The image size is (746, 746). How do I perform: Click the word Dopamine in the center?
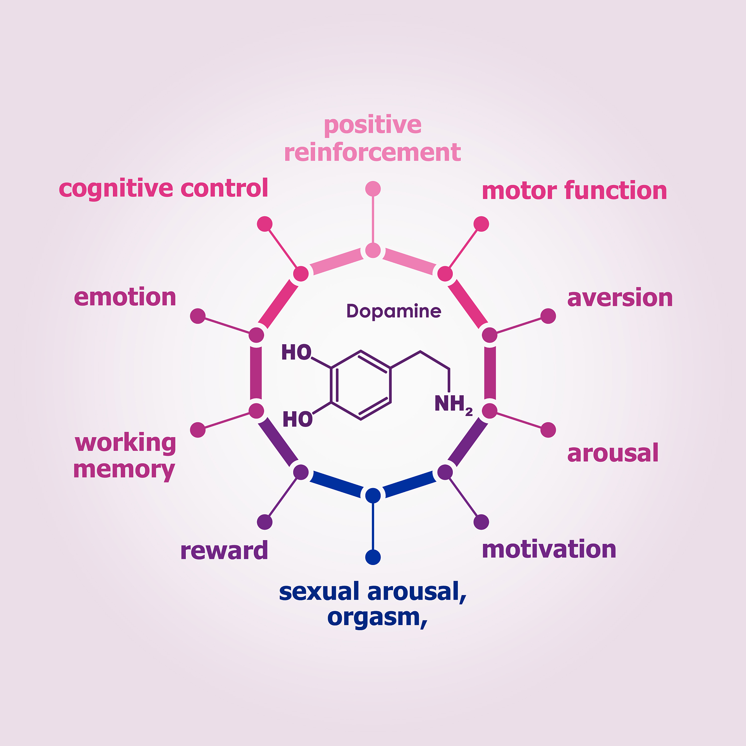click(x=393, y=311)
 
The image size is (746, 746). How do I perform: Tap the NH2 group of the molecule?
click(x=452, y=404)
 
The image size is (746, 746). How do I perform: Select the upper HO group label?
click(x=296, y=352)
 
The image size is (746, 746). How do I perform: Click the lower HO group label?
click(x=297, y=419)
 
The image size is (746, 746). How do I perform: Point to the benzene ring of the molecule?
click(x=361, y=385)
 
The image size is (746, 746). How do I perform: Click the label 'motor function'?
click(x=574, y=191)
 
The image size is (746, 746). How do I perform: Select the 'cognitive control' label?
click(x=163, y=188)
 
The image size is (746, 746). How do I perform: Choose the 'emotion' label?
click(x=125, y=297)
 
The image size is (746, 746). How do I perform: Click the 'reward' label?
click(x=224, y=550)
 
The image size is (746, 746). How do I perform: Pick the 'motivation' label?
click(x=549, y=549)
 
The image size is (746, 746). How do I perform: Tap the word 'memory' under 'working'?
click(x=124, y=470)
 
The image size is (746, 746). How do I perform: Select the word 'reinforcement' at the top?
click(x=373, y=152)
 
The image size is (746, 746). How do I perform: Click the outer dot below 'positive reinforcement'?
click(x=373, y=189)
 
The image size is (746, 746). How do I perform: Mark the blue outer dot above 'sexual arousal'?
click(x=373, y=557)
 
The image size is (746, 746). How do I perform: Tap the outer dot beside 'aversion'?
click(x=548, y=316)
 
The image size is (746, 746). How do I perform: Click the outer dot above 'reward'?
click(x=265, y=522)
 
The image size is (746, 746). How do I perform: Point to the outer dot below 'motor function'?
click(x=481, y=224)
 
